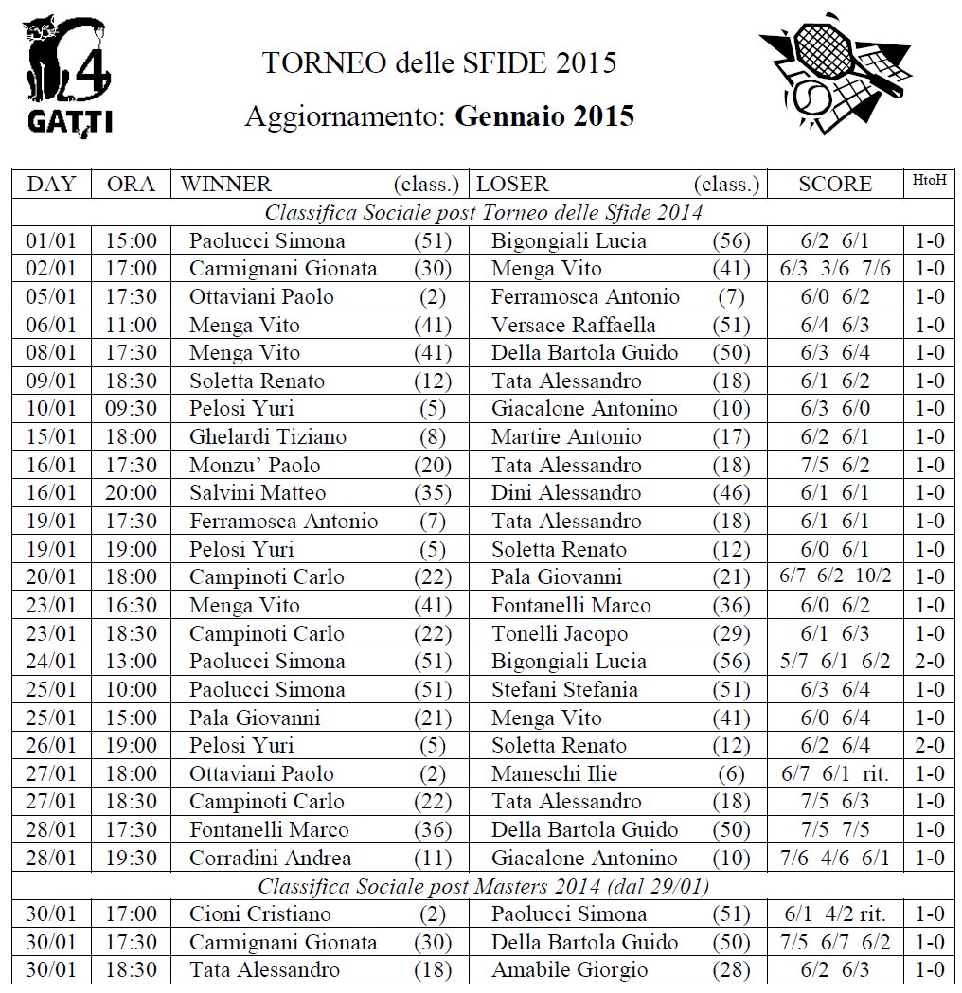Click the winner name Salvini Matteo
258,493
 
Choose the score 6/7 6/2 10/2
834,576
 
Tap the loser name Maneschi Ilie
554,774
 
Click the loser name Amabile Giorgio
569,970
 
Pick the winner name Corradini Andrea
270,859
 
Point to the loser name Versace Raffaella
573,326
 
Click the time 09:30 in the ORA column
131,409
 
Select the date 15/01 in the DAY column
51,437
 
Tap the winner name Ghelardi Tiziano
268,437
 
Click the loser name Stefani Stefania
564,690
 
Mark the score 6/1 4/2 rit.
834,914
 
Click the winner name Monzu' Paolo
255,466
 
